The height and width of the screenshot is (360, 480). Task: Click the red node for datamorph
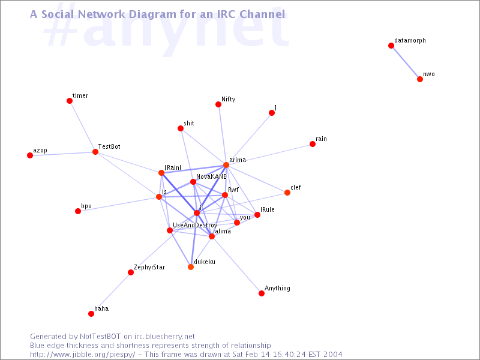coord(391,46)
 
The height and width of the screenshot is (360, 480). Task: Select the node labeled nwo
coord(420,79)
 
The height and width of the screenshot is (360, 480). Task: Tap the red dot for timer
coord(70,101)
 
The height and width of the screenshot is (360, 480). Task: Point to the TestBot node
coord(95,152)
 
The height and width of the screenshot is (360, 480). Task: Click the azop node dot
coord(30,155)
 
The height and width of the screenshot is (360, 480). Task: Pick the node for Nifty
coord(218,104)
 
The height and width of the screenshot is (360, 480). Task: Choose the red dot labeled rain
coord(313,144)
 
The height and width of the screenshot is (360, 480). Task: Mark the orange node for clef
coord(287,193)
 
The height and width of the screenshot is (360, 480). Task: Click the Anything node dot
coord(262,293)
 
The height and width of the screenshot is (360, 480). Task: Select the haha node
coord(91,314)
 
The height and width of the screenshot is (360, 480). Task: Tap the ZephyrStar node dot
coord(131,272)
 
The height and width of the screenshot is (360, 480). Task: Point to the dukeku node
coord(191,267)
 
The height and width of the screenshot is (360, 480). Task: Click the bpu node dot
coord(78,211)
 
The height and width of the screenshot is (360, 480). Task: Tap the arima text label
coord(238,160)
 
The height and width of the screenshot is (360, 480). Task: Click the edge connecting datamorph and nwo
coord(406,62)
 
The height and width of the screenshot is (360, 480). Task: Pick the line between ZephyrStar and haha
coord(111,293)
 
